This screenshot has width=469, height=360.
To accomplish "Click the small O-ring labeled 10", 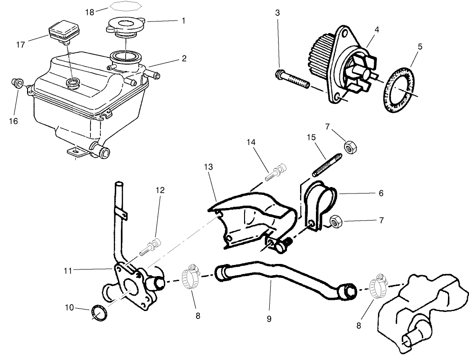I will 98,312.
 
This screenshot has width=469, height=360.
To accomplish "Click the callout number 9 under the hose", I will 269,319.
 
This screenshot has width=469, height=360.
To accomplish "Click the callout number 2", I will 184,58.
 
